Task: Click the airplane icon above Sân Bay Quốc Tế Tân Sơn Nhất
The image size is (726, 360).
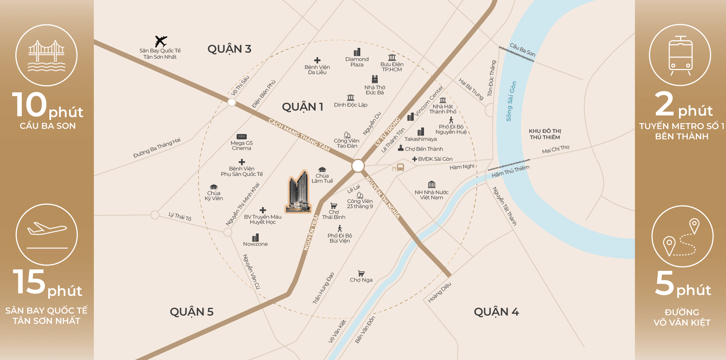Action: (x=161, y=41)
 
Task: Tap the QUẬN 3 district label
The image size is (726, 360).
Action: (x=229, y=49)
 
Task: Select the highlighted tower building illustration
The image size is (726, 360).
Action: (x=299, y=192)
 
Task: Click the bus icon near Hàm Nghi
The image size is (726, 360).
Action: (x=400, y=167)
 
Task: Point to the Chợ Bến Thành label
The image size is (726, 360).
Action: (x=424, y=149)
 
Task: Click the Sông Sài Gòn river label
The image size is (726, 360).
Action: (x=511, y=101)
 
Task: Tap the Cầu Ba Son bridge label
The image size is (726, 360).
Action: (x=522, y=50)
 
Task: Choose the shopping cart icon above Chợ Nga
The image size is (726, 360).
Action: (x=361, y=273)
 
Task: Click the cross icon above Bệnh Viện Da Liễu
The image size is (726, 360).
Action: (x=317, y=60)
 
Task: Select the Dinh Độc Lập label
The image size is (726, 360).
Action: (x=351, y=105)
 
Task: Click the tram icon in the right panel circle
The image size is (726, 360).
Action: (x=680, y=55)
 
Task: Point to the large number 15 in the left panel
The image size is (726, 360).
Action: (x=29, y=282)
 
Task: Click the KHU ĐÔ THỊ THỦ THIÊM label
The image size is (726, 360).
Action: (x=545, y=134)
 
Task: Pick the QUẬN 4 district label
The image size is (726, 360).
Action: (x=496, y=312)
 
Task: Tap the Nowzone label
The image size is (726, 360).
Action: (x=255, y=244)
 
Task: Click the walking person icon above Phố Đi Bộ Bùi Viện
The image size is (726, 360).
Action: (x=340, y=229)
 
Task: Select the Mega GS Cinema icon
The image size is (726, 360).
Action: (x=241, y=136)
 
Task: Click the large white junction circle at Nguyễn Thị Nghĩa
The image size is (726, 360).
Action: (x=358, y=165)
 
